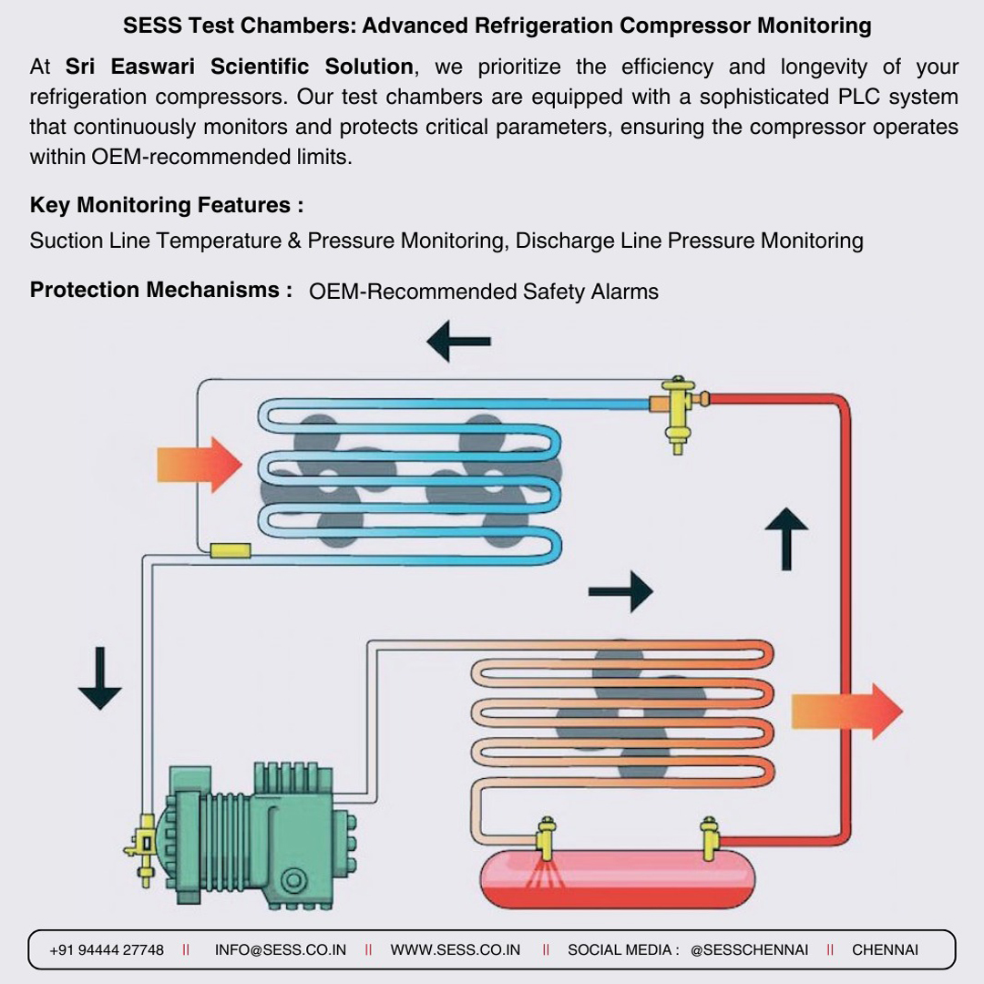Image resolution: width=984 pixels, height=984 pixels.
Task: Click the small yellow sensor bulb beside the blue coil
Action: tap(231, 551)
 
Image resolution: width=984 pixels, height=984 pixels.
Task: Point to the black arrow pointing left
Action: tap(458, 342)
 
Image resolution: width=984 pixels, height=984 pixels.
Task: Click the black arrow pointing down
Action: tap(100, 679)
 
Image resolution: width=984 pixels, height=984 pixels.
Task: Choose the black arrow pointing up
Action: tap(786, 539)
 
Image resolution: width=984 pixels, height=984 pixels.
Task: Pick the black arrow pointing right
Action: tap(620, 591)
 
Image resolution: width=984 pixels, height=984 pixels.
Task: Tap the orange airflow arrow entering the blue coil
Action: tap(200, 465)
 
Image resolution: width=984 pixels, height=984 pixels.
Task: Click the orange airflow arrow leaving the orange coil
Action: tap(847, 712)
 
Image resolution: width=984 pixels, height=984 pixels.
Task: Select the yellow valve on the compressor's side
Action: tap(144, 850)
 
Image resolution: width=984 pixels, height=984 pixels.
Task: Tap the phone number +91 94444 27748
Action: tap(107, 950)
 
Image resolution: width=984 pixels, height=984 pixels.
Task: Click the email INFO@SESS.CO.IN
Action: tap(281, 950)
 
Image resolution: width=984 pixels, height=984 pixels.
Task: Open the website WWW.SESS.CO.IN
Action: tap(455, 950)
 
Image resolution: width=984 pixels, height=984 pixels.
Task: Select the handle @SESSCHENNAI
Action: tap(749, 950)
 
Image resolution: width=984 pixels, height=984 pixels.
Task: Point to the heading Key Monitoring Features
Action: tap(167, 205)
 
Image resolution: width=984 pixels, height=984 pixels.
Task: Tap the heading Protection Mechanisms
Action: tap(160, 290)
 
